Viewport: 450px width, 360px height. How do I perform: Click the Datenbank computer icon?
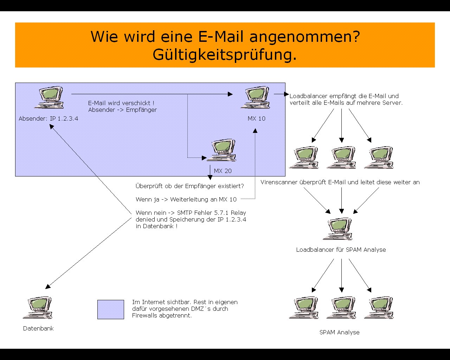pos(40,308)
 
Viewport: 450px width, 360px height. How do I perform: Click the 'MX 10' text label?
pos(256,118)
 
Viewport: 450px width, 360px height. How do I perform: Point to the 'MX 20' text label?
pos(223,171)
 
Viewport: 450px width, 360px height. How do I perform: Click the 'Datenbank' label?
pos(38,328)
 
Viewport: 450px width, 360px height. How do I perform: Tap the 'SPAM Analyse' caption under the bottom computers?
pos(339,332)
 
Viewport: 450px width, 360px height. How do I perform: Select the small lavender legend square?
pos(110,309)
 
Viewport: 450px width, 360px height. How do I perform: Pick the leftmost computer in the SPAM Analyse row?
pos(304,308)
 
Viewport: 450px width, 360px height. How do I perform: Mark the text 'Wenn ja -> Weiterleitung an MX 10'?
pos(186,199)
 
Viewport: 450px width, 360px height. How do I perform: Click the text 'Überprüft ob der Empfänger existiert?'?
pos(189,186)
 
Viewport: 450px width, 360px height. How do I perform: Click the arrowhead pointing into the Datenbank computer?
pos(48,287)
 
